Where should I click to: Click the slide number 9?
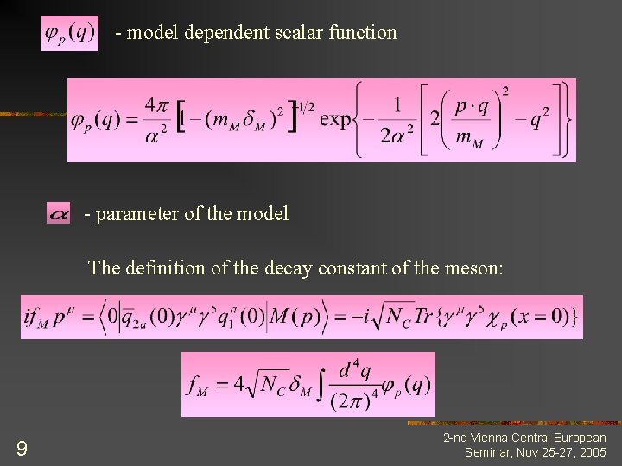(x=22, y=448)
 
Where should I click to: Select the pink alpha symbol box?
(x=59, y=213)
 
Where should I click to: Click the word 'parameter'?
(x=132, y=213)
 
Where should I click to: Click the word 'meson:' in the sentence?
(x=473, y=268)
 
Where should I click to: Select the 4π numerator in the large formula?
(x=156, y=104)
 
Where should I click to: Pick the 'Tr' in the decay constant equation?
(x=426, y=318)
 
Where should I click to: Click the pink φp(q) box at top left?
(x=70, y=34)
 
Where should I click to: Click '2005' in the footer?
(x=593, y=452)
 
